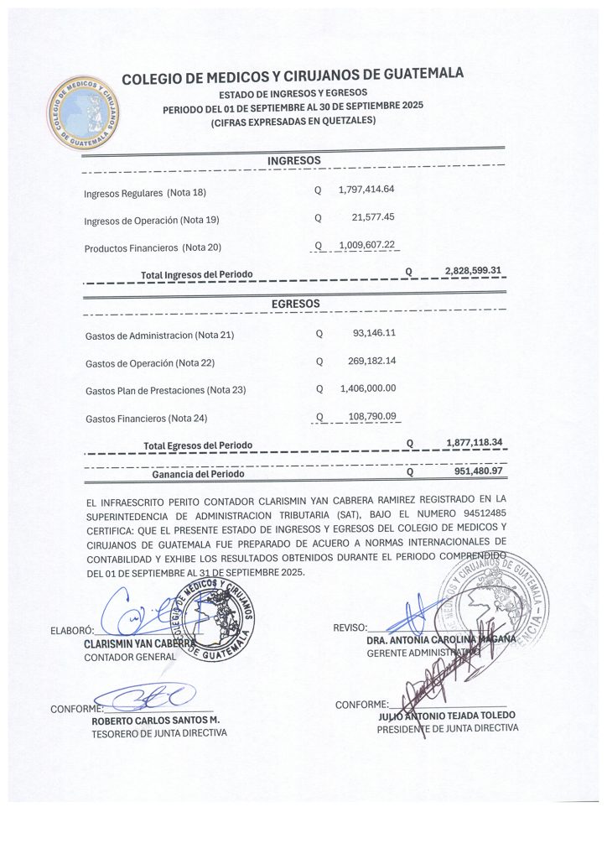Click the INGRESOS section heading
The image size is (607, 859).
coord(293,160)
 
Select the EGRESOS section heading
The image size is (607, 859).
coord(295,303)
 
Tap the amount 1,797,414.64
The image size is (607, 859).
coord(366,190)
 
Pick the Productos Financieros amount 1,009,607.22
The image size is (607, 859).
coord(366,245)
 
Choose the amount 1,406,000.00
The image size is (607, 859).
coord(368,388)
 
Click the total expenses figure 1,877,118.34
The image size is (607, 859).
coord(475,441)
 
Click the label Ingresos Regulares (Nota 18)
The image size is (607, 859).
coord(145,193)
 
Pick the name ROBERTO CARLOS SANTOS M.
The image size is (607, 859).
coord(155,720)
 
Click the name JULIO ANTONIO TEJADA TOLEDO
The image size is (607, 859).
coord(447,716)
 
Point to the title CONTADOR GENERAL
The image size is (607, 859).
coord(130,657)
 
